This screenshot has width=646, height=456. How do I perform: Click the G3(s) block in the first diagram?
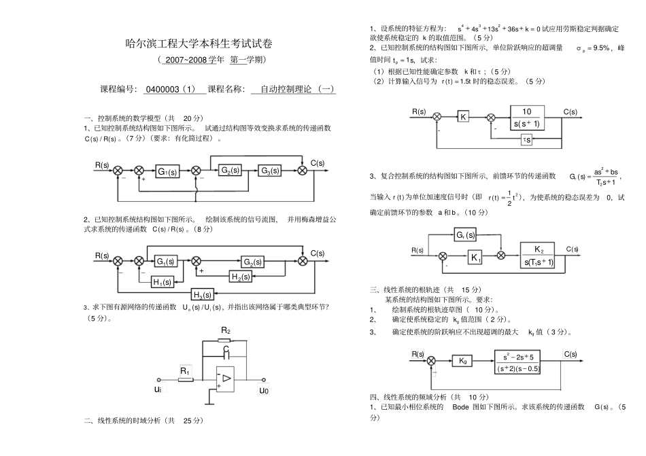tap(269, 171)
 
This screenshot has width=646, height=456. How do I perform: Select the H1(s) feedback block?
tap(162, 282)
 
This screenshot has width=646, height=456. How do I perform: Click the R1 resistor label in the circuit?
tap(186, 370)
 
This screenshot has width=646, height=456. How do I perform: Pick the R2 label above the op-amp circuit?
tap(226, 330)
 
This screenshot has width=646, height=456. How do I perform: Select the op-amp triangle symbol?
tap(226, 378)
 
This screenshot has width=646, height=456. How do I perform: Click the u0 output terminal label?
tap(264, 391)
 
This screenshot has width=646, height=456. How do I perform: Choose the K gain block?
tap(463, 117)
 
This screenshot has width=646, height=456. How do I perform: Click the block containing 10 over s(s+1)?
tap(527, 117)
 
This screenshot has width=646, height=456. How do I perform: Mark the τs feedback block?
tap(527, 139)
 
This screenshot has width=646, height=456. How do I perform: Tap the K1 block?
tap(475, 257)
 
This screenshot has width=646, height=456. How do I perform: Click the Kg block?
tap(462, 361)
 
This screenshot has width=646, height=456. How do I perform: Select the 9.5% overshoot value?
tap(601, 48)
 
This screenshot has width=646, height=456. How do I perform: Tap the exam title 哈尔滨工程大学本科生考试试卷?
tap(199, 44)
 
